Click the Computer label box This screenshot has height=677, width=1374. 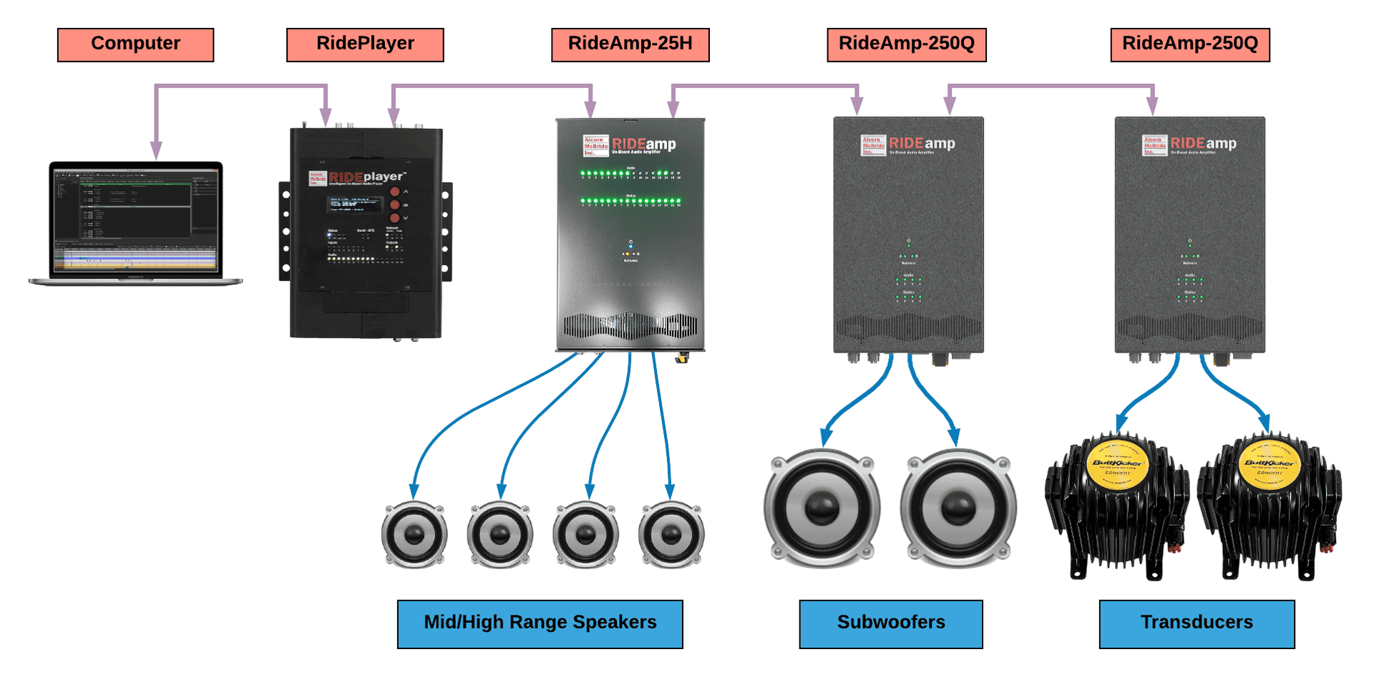[x=135, y=44]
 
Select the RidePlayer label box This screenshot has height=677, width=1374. [x=365, y=44]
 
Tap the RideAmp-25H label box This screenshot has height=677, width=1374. [x=630, y=44]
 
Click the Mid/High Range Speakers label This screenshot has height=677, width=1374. [x=540, y=623]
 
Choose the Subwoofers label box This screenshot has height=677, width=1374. [x=890, y=623]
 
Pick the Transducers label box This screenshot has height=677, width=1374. [x=1197, y=623]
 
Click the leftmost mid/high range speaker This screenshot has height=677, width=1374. [x=414, y=534]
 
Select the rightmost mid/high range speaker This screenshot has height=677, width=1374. [x=671, y=534]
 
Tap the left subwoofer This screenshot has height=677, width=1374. [x=822, y=508]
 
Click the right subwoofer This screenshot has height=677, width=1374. [x=958, y=508]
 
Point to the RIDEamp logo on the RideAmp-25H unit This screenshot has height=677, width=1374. [x=643, y=145]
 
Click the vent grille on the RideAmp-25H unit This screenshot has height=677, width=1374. [x=630, y=326]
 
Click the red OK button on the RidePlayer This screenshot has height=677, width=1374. [x=394, y=205]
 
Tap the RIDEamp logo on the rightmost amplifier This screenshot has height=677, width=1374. [x=1203, y=144]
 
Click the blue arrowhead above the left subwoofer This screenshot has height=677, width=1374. [x=827, y=436]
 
